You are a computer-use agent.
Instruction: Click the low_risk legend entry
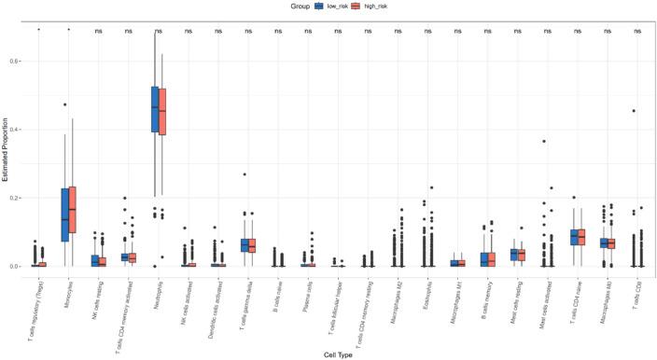point(334,6)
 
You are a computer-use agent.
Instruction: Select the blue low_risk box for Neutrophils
point(155,109)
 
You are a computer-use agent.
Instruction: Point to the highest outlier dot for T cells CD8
point(634,111)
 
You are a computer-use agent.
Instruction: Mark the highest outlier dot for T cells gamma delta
point(245,174)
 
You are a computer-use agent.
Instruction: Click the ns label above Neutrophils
point(159,32)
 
